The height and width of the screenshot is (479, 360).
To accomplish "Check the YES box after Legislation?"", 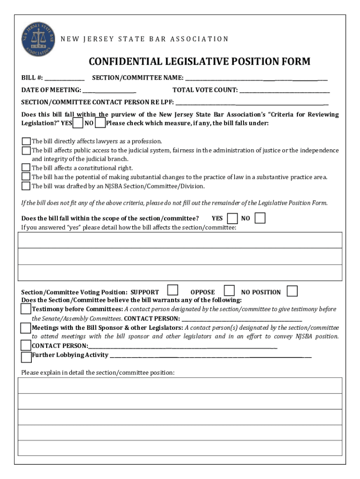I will pyautogui.click(x=79, y=123).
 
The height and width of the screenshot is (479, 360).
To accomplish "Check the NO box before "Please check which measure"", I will pyautogui.click(x=100, y=123).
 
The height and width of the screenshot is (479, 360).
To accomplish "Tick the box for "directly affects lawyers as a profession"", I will pyautogui.click(x=26, y=141).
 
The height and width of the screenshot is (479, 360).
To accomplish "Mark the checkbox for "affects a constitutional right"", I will pyautogui.click(x=26, y=168).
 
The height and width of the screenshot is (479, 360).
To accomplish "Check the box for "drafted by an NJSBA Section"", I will pyautogui.click(x=26, y=186).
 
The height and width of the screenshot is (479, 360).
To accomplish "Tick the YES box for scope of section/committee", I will pyautogui.click(x=232, y=218).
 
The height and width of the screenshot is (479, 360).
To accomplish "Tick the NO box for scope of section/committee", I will pyautogui.click(x=260, y=218).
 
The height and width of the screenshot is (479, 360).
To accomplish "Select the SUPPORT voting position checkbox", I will pyautogui.click(x=173, y=290).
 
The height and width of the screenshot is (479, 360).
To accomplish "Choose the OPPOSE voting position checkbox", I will pyautogui.click(x=229, y=290).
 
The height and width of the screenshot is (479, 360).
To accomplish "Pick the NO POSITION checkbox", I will pyautogui.click(x=292, y=290).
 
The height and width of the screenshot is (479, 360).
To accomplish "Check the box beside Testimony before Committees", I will pyautogui.click(x=26, y=309).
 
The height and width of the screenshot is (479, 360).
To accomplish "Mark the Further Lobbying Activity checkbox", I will pyautogui.click(x=26, y=357).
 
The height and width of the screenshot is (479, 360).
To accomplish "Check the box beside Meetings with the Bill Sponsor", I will pyautogui.click(x=26, y=328).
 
